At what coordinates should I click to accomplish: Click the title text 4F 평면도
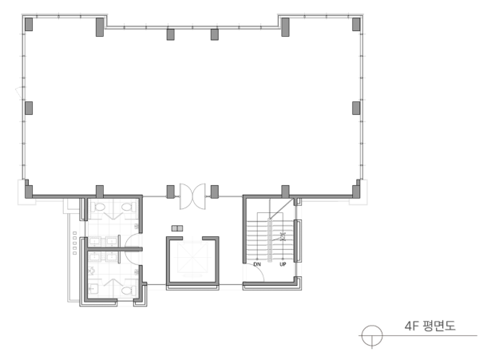[x=430, y=326]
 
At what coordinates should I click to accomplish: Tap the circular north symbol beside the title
[x=372, y=336]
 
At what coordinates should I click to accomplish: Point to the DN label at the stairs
[x=257, y=264]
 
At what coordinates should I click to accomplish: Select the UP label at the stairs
[x=283, y=264]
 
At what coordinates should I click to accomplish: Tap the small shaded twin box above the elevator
[x=177, y=228]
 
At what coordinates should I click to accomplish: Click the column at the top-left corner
[x=29, y=24]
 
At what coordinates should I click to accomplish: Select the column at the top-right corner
[x=356, y=24]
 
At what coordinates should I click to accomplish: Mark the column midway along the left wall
[x=29, y=108]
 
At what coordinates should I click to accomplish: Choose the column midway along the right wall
[x=356, y=108]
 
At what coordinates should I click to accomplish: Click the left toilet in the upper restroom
[x=98, y=208]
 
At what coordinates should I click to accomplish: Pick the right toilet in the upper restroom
[x=128, y=208]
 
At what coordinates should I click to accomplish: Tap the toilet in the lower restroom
[x=129, y=291]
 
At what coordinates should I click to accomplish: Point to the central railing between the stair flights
[x=270, y=239]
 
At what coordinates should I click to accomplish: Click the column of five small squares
[x=74, y=243]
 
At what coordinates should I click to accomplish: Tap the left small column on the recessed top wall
[x=171, y=34]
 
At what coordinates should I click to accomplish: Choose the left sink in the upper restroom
[x=94, y=242]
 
